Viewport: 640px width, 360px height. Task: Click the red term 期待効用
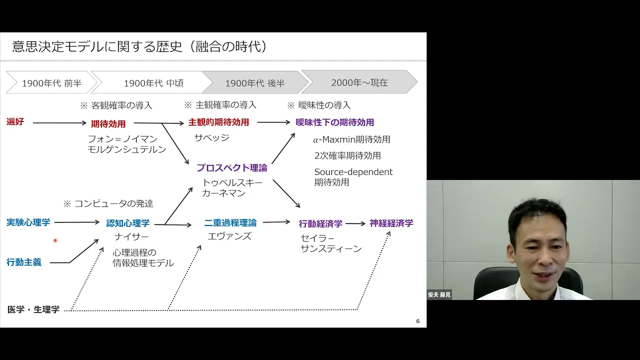click(108, 123)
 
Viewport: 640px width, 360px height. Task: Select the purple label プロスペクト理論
click(231, 167)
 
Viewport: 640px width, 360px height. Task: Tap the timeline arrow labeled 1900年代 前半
click(51, 82)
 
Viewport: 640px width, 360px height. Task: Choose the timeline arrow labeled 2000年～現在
click(359, 82)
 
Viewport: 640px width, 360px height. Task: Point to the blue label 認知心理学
click(127, 223)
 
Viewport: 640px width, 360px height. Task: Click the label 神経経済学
click(391, 223)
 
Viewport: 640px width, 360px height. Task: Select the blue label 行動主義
click(24, 262)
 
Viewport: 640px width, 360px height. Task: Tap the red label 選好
click(15, 121)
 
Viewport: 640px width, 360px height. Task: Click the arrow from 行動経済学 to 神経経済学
click(355, 223)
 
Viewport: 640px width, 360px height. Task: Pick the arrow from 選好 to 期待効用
click(59, 123)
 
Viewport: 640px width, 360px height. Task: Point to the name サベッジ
click(211, 137)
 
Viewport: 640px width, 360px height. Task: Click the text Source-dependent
click(353, 172)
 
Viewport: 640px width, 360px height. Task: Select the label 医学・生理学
click(33, 309)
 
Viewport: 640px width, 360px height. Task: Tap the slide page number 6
click(417, 321)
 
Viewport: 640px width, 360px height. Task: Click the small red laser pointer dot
click(55, 240)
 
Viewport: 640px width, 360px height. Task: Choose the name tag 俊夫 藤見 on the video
click(439, 294)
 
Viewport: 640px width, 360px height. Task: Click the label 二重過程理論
click(230, 223)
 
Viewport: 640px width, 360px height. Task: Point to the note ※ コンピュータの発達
click(108, 203)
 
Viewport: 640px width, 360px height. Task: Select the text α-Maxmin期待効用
click(351, 139)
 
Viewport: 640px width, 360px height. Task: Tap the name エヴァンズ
click(229, 236)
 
